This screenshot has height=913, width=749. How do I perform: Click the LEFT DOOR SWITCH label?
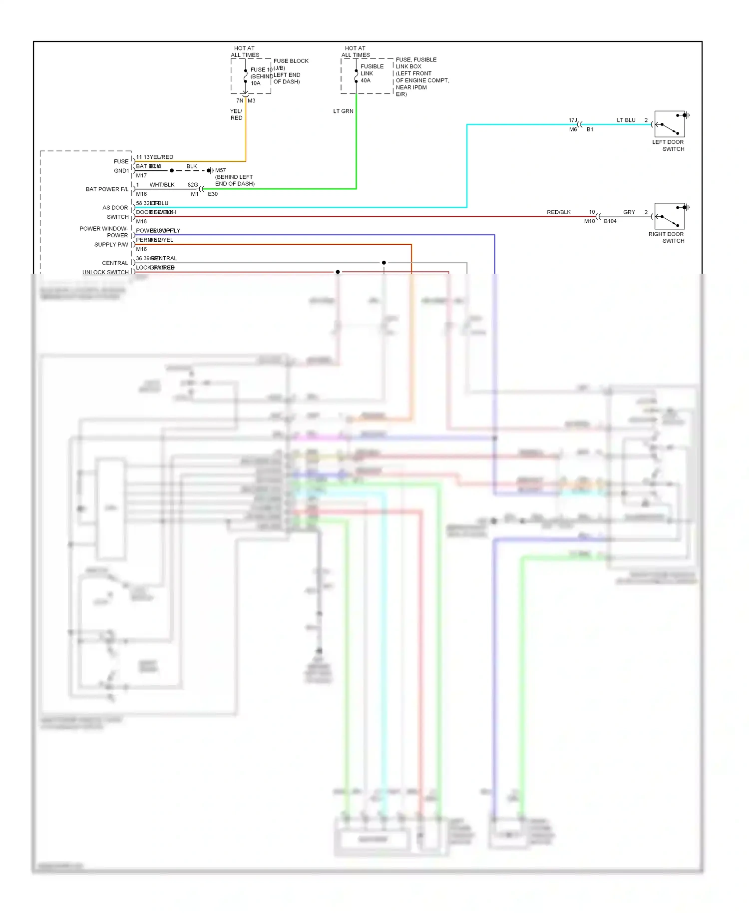click(x=668, y=145)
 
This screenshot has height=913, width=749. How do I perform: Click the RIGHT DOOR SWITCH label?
click(x=666, y=237)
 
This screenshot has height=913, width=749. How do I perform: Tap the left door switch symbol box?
click(x=669, y=124)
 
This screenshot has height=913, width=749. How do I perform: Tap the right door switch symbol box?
click(x=669, y=216)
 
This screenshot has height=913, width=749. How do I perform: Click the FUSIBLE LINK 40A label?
click(x=372, y=73)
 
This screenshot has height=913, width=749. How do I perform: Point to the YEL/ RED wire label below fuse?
click(x=236, y=114)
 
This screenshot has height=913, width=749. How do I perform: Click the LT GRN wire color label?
click(x=343, y=111)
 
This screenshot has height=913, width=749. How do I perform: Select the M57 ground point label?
click(x=220, y=170)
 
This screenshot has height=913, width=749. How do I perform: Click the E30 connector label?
click(x=213, y=194)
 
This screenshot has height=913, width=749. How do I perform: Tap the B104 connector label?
click(x=610, y=221)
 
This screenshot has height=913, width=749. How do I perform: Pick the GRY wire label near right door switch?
click(x=629, y=212)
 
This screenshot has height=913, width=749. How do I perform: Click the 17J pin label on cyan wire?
click(x=572, y=120)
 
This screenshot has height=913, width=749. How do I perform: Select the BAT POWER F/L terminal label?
click(x=106, y=189)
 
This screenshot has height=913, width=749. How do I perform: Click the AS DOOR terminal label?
click(x=115, y=208)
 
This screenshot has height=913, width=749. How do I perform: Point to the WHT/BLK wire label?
click(x=162, y=185)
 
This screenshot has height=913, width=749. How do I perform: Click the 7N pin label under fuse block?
click(x=240, y=101)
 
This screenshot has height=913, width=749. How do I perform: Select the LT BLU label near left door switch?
click(x=626, y=120)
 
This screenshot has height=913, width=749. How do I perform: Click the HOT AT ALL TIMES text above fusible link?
click(x=356, y=51)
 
